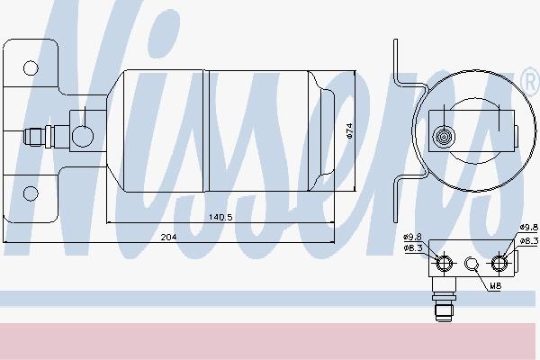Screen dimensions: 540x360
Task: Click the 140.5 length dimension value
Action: point(220,217)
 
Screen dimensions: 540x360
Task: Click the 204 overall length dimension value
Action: point(169,237)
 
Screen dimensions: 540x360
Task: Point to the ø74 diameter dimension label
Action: point(349,130)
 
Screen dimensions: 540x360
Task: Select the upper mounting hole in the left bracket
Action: point(31,68)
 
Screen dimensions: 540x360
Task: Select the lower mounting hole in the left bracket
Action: point(31,193)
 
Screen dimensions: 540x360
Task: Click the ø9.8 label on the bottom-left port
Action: point(412,237)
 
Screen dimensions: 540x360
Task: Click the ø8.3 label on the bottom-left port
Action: point(413,248)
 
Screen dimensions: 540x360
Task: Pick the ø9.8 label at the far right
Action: point(528,228)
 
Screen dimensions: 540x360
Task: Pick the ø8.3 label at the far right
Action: point(528,241)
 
